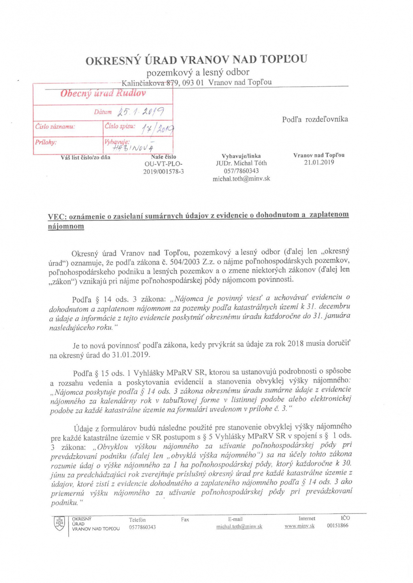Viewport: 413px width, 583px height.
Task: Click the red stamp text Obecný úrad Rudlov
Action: click(103, 93)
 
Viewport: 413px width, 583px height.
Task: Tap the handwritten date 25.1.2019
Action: click(141, 111)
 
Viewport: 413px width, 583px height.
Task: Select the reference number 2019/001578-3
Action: click(163, 172)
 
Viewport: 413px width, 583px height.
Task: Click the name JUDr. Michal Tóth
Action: click(241, 163)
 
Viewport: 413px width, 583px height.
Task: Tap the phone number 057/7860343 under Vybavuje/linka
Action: click(241, 171)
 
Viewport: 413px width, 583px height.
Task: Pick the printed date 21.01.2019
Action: click(319, 162)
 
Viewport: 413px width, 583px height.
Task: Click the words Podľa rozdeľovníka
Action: click(315, 119)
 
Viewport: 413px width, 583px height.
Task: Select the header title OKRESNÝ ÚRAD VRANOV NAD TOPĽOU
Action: click(196, 60)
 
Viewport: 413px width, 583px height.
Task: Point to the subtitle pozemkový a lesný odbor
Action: click(198, 72)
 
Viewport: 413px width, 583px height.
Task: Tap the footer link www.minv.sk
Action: click(299, 526)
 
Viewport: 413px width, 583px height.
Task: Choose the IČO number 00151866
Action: click(337, 525)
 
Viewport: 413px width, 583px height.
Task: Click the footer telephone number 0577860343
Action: click(142, 527)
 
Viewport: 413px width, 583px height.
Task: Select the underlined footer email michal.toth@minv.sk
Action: click(239, 527)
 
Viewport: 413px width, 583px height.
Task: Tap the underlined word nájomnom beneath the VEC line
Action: click(66, 226)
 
